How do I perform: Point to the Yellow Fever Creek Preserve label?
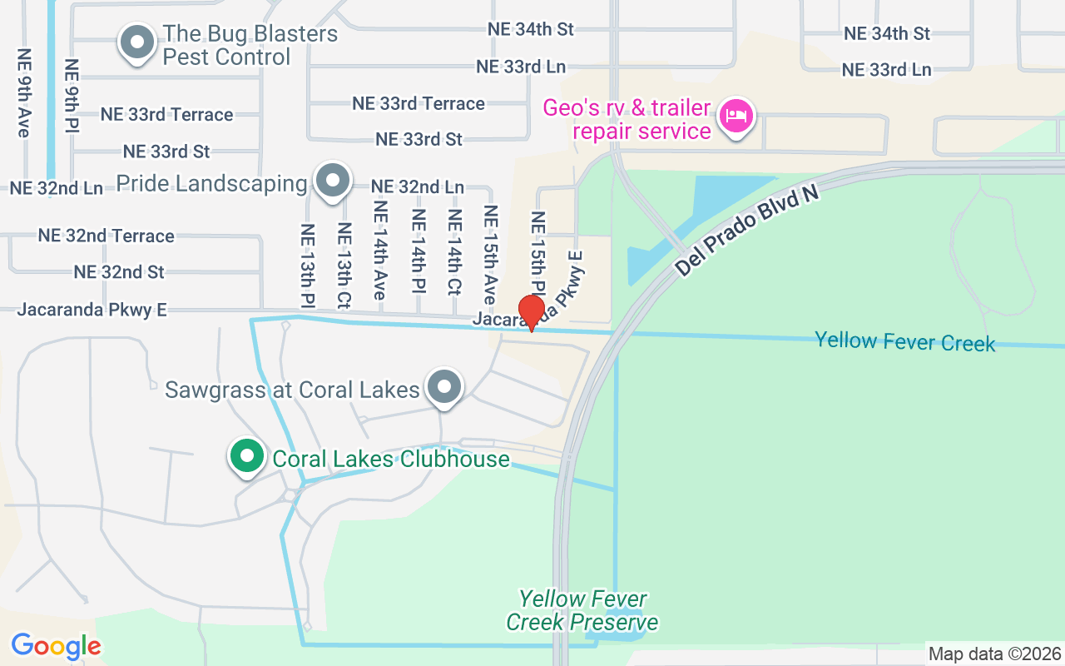click(x=582, y=610)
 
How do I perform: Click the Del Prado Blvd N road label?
click(x=746, y=231)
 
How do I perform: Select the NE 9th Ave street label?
click(x=23, y=92)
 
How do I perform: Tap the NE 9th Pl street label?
click(x=72, y=97)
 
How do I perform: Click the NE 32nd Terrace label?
click(x=106, y=236)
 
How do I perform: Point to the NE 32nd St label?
click(x=119, y=272)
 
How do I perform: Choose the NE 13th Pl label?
click(x=308, y=265)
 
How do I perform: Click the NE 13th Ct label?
click(x=343, y=265)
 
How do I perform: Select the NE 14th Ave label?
click(x=380, y=251)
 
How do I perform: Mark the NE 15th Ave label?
click(x=490, y=255)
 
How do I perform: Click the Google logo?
click(x=56, y=646)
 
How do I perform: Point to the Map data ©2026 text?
click(x=995, y=654)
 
